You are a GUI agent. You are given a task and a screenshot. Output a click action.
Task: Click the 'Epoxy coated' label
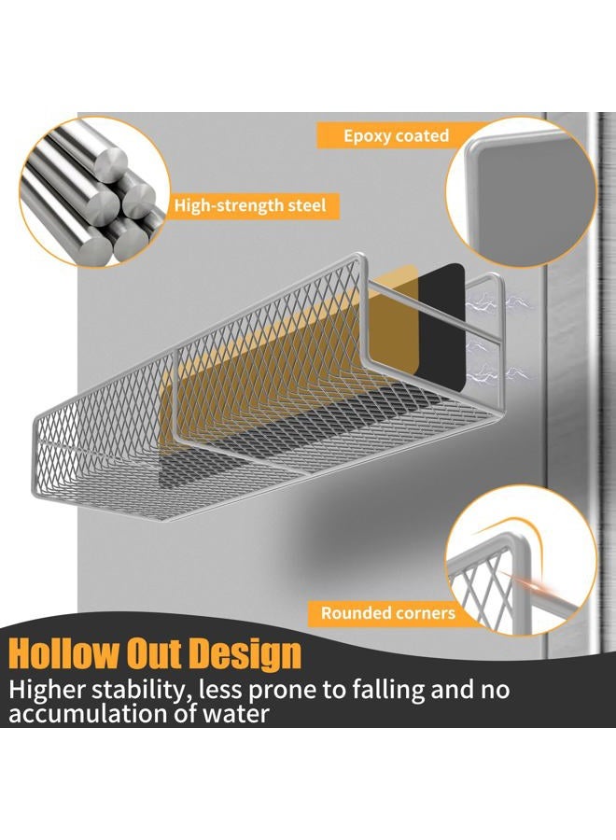coord(396,135)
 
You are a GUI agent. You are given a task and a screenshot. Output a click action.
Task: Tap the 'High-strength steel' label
coord(250,205)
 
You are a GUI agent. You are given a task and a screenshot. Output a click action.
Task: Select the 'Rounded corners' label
coord(388,613)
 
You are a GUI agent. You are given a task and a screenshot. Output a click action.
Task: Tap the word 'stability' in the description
coord(142,690)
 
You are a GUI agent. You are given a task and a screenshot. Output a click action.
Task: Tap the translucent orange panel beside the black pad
coord(395,320)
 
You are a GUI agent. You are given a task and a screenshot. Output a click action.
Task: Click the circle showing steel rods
coord(94,191)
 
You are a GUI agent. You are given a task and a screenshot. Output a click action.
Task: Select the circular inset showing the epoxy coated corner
coord(522,192)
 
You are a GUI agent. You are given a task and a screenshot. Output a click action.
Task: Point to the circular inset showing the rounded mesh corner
coord(522,560)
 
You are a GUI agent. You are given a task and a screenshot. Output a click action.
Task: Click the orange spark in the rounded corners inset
coord(530,586)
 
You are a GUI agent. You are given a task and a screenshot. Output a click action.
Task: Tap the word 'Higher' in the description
coord(48,690)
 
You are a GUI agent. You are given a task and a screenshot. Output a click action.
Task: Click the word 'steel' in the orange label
coord(304,205)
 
